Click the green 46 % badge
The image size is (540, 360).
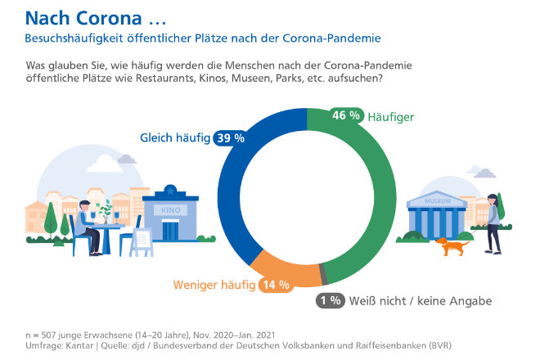(345, 115)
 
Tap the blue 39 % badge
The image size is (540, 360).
(230, 137)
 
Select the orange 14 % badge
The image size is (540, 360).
(274, 286)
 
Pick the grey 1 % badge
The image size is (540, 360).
(330, 300)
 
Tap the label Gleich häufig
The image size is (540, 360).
(175, 137)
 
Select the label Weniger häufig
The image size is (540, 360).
(213, 286)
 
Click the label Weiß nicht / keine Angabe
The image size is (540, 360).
(421, 301)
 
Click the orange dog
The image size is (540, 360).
(452, 244)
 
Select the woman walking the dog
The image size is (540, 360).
(492, 221)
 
